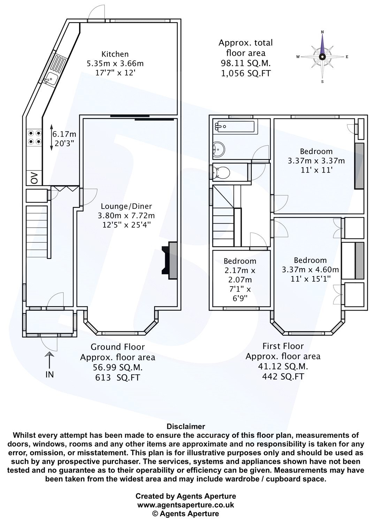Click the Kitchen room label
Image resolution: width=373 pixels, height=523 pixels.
[115, 54]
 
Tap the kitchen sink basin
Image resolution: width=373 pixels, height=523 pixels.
[51, 79]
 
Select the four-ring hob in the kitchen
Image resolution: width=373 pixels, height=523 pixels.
[34, 137]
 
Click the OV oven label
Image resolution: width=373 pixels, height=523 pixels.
[34, 178]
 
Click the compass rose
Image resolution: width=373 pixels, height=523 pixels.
[322, 57]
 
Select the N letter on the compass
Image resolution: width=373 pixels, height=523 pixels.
[322, 32]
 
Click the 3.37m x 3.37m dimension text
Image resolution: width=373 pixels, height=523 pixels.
[316, 161]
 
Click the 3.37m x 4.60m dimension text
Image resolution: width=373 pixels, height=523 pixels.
[310, 270]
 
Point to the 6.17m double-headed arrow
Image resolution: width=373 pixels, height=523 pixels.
[51, 137]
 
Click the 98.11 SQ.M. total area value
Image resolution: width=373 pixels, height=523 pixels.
[245, 63]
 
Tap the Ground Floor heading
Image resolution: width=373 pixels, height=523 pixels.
[117, 347]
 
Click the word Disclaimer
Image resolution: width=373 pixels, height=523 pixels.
[186, 426]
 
